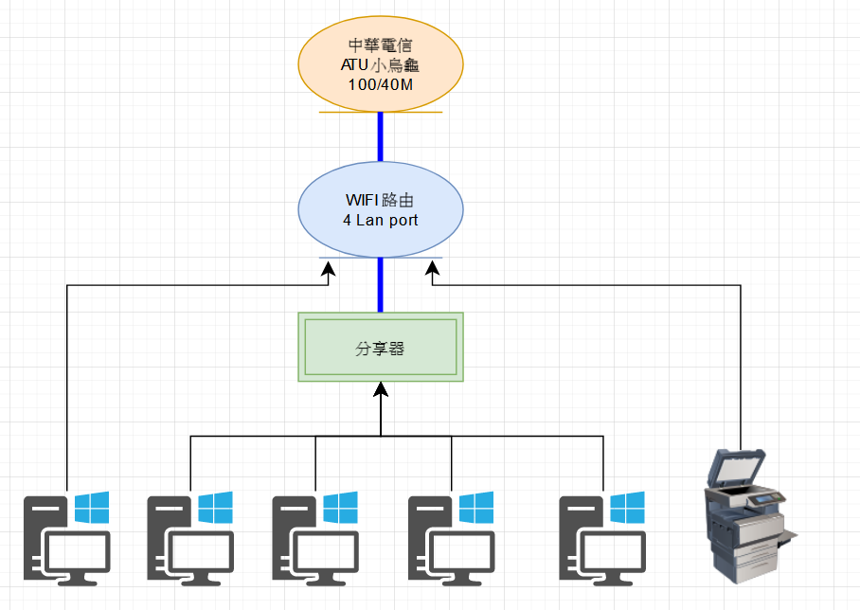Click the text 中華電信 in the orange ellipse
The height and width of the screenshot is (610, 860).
[x=380, y=45]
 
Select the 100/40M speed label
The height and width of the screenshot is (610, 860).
[x=380, y=84]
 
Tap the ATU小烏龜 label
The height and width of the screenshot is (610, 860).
[x=380, y=64]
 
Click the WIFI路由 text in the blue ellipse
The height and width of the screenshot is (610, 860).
[x=380, y=200]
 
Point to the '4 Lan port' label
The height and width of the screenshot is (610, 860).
[x=380, y=220]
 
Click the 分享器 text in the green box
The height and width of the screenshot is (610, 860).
[x=380, y=348]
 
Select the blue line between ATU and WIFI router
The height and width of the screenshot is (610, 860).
[x=380, y=136]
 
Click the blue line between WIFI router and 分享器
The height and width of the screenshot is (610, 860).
[x=380, y=285]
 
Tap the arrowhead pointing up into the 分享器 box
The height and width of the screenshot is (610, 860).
[x=381, y=389]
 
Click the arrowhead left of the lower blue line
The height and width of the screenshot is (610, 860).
[x=328, y=268]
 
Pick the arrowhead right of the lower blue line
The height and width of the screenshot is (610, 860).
[x=433, y=268]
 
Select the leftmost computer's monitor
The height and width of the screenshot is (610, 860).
[x=78, y=556]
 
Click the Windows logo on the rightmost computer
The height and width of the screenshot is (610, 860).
[x=627, y=508]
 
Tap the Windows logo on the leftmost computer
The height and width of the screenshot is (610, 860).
[x=92, y=508]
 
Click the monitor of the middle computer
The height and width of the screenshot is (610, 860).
[x=326, y=556]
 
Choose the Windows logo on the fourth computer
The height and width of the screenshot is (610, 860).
[x=476, y=508]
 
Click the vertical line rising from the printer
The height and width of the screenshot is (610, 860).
[x=741, y=368]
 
